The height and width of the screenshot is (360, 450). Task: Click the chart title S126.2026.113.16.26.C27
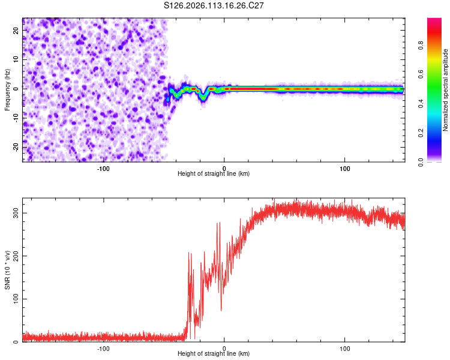tap(214, 5)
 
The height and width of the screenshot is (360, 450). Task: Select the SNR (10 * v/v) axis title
tap(7, 273)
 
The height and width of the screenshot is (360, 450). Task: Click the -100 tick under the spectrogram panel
tap(103, 167)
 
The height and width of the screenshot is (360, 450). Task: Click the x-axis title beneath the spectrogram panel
tap(214, 174)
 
